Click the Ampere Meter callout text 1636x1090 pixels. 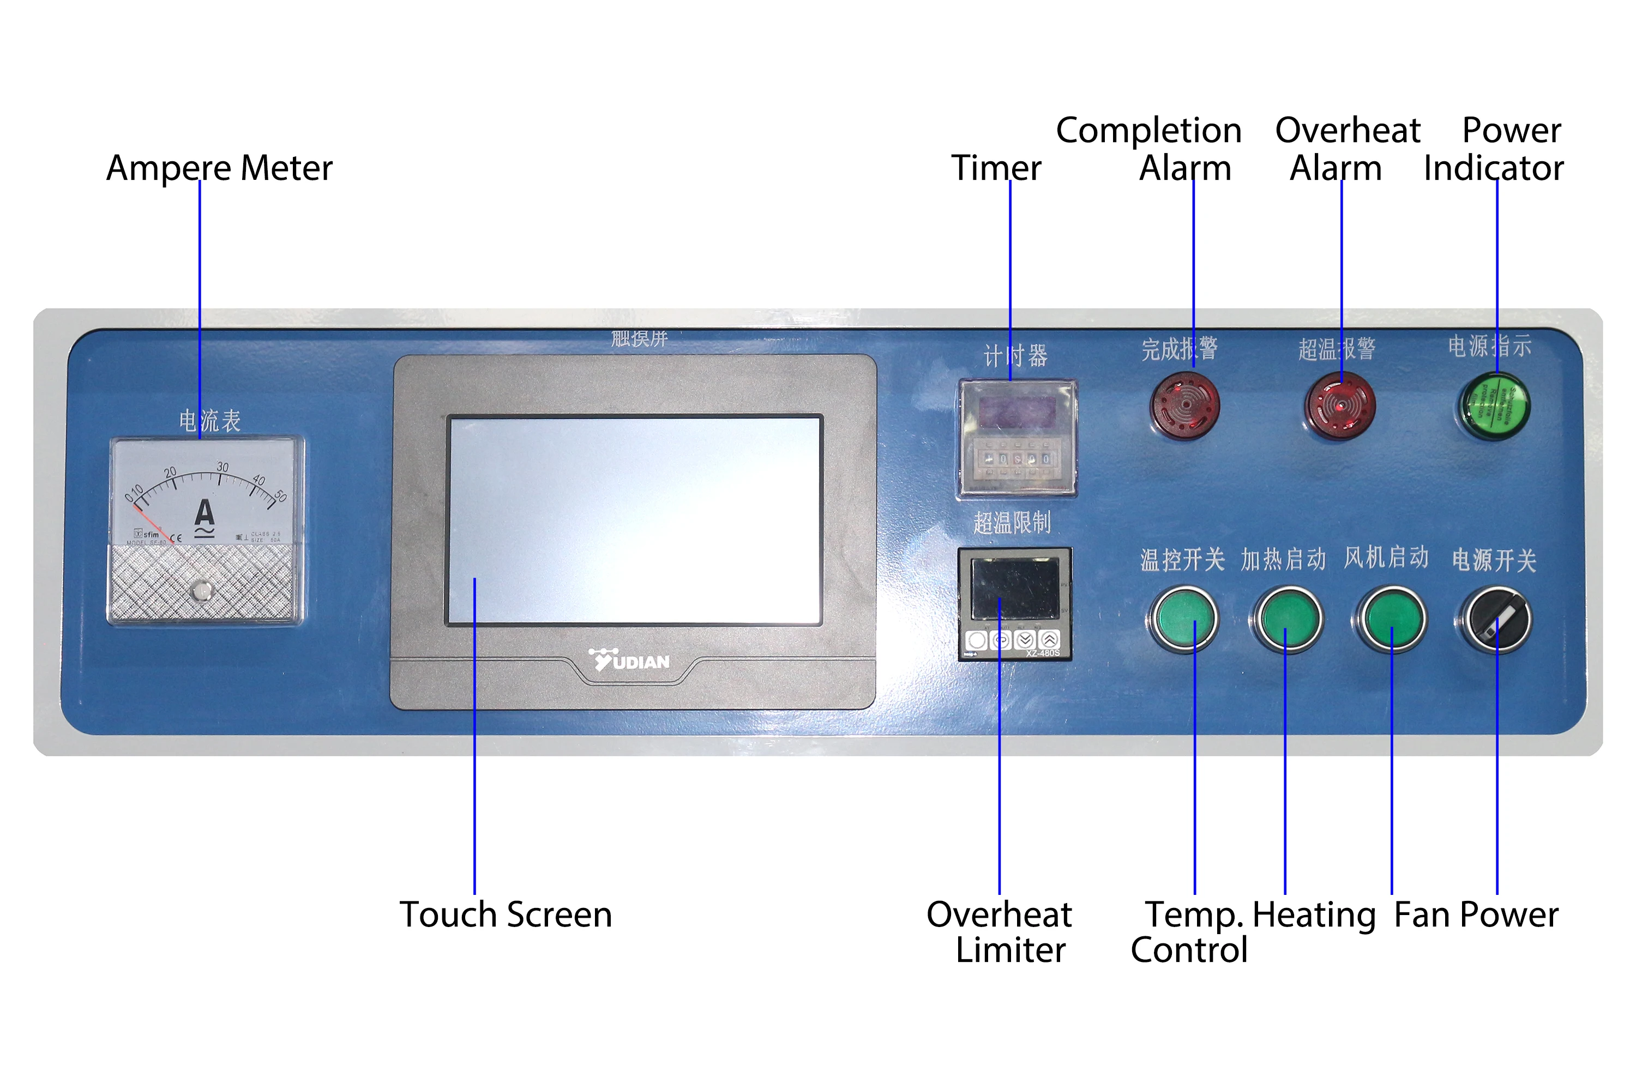click(219, 168)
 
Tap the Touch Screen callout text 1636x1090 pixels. click(506, 915)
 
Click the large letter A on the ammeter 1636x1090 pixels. click(204, 514)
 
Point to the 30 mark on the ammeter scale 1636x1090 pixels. click(222, 467)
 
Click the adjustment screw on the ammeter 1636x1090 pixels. click(202, 591)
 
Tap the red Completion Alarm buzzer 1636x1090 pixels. click(1184, 405)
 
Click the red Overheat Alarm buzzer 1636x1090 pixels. click(1340, 406)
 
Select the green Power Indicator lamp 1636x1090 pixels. click(1494, 407)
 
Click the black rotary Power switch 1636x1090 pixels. click(1497, 619)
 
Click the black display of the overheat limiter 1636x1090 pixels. click(1015, 588)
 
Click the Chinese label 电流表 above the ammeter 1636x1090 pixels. click(209, 421)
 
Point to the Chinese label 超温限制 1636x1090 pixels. click(1012, 523)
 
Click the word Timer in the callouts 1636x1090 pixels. click(996, 168)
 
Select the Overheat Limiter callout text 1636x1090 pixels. click(1000, 932)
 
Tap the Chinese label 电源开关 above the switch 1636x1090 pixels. click(1494, 560)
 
